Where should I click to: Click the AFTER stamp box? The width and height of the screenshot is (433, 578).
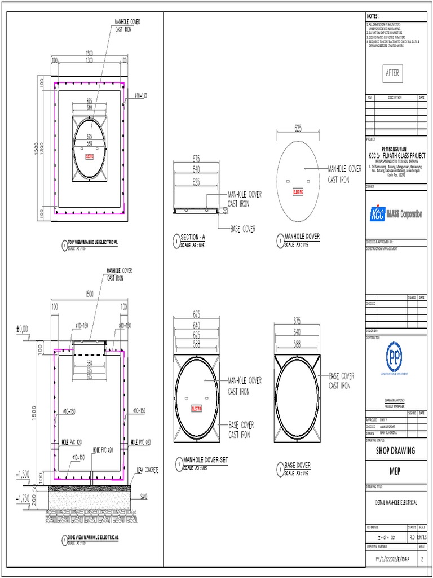[392, 73]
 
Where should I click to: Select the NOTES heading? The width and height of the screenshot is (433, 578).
[374, 16]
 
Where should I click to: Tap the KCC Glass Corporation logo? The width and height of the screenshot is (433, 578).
[396, 214]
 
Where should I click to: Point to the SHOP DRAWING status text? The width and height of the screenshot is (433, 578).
[395, 450]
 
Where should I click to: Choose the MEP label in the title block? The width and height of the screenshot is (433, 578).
[395, 471]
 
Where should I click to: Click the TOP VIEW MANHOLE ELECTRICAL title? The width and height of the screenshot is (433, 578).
[93, 242]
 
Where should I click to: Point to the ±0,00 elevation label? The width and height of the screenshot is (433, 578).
[23, 328]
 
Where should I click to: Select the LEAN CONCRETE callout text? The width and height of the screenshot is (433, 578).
[147, 470]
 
